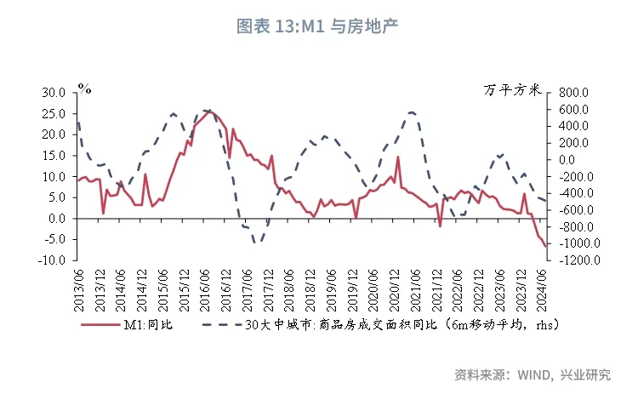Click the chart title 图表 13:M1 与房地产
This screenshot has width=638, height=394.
point(318,26)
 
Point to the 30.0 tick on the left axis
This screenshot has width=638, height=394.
point(54,92)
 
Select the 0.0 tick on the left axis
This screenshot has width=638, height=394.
point(56,219)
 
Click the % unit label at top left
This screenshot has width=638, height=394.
point(83,87)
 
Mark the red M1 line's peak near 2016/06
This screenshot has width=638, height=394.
point(210,111)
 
